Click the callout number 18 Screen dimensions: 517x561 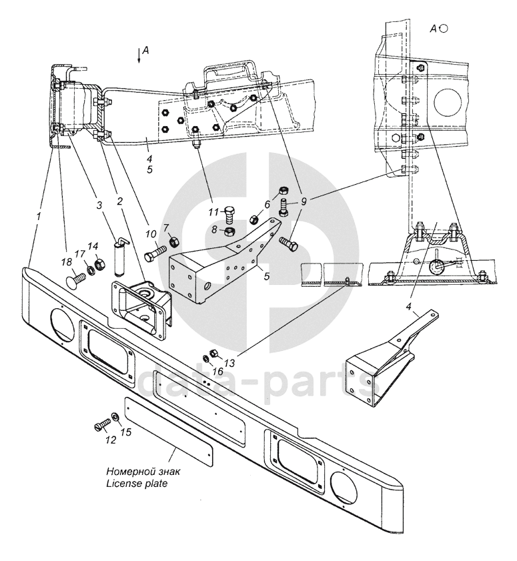67,262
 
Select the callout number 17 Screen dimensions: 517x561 79,254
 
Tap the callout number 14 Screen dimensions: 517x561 93,246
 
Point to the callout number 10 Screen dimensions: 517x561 151,234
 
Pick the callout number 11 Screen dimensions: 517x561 214,213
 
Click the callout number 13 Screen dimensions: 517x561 229,363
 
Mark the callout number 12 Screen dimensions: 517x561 111,440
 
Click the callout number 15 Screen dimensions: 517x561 126,432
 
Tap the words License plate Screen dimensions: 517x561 137,484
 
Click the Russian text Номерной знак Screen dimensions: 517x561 143,472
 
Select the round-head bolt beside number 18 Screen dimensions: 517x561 76,279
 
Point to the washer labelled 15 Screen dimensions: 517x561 115,417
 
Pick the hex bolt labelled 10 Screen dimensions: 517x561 155,255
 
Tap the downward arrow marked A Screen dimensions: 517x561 139,56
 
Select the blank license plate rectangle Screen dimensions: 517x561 169,430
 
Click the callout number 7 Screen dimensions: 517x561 165,227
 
